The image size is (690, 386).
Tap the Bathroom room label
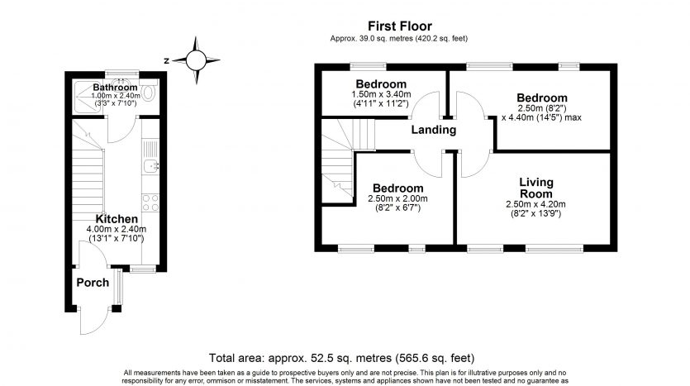(114, 87)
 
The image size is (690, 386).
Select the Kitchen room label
(117, 219)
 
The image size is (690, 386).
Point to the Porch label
(93, 283)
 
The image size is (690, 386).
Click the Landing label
(433, 130)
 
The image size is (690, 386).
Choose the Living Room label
(535, 187)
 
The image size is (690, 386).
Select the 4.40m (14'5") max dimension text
(542, 117)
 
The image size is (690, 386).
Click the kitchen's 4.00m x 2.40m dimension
(117, 229)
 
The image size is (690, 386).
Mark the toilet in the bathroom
(148, 90)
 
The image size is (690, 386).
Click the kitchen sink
(150, 168)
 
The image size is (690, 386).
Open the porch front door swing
(93, 318)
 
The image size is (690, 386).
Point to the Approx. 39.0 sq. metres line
(402, 39)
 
